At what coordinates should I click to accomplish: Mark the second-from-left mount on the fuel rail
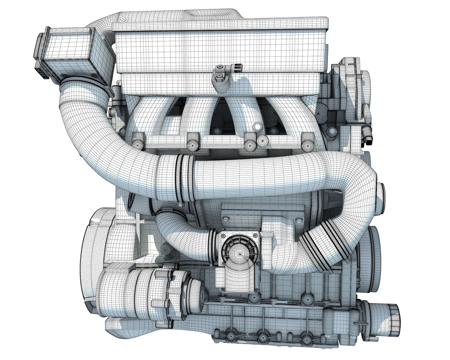pyautogui.click(x=193, y=141)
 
